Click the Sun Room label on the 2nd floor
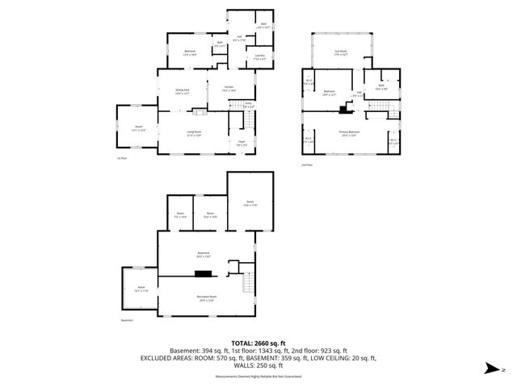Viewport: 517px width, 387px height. pos(341,53)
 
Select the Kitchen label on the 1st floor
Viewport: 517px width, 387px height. pos(229,88)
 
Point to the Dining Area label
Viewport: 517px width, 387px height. pos(183,91)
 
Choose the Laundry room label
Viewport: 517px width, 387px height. pos(260,56)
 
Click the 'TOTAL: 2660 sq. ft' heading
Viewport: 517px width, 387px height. pos(258,342)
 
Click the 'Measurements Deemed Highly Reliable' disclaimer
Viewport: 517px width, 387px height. pos(258,376)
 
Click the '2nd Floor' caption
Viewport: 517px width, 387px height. pos(306,164)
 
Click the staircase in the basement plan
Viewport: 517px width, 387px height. pos(249,284)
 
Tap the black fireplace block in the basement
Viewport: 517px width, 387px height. pos(203,273)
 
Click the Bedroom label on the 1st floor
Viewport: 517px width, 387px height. pos(190,52)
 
